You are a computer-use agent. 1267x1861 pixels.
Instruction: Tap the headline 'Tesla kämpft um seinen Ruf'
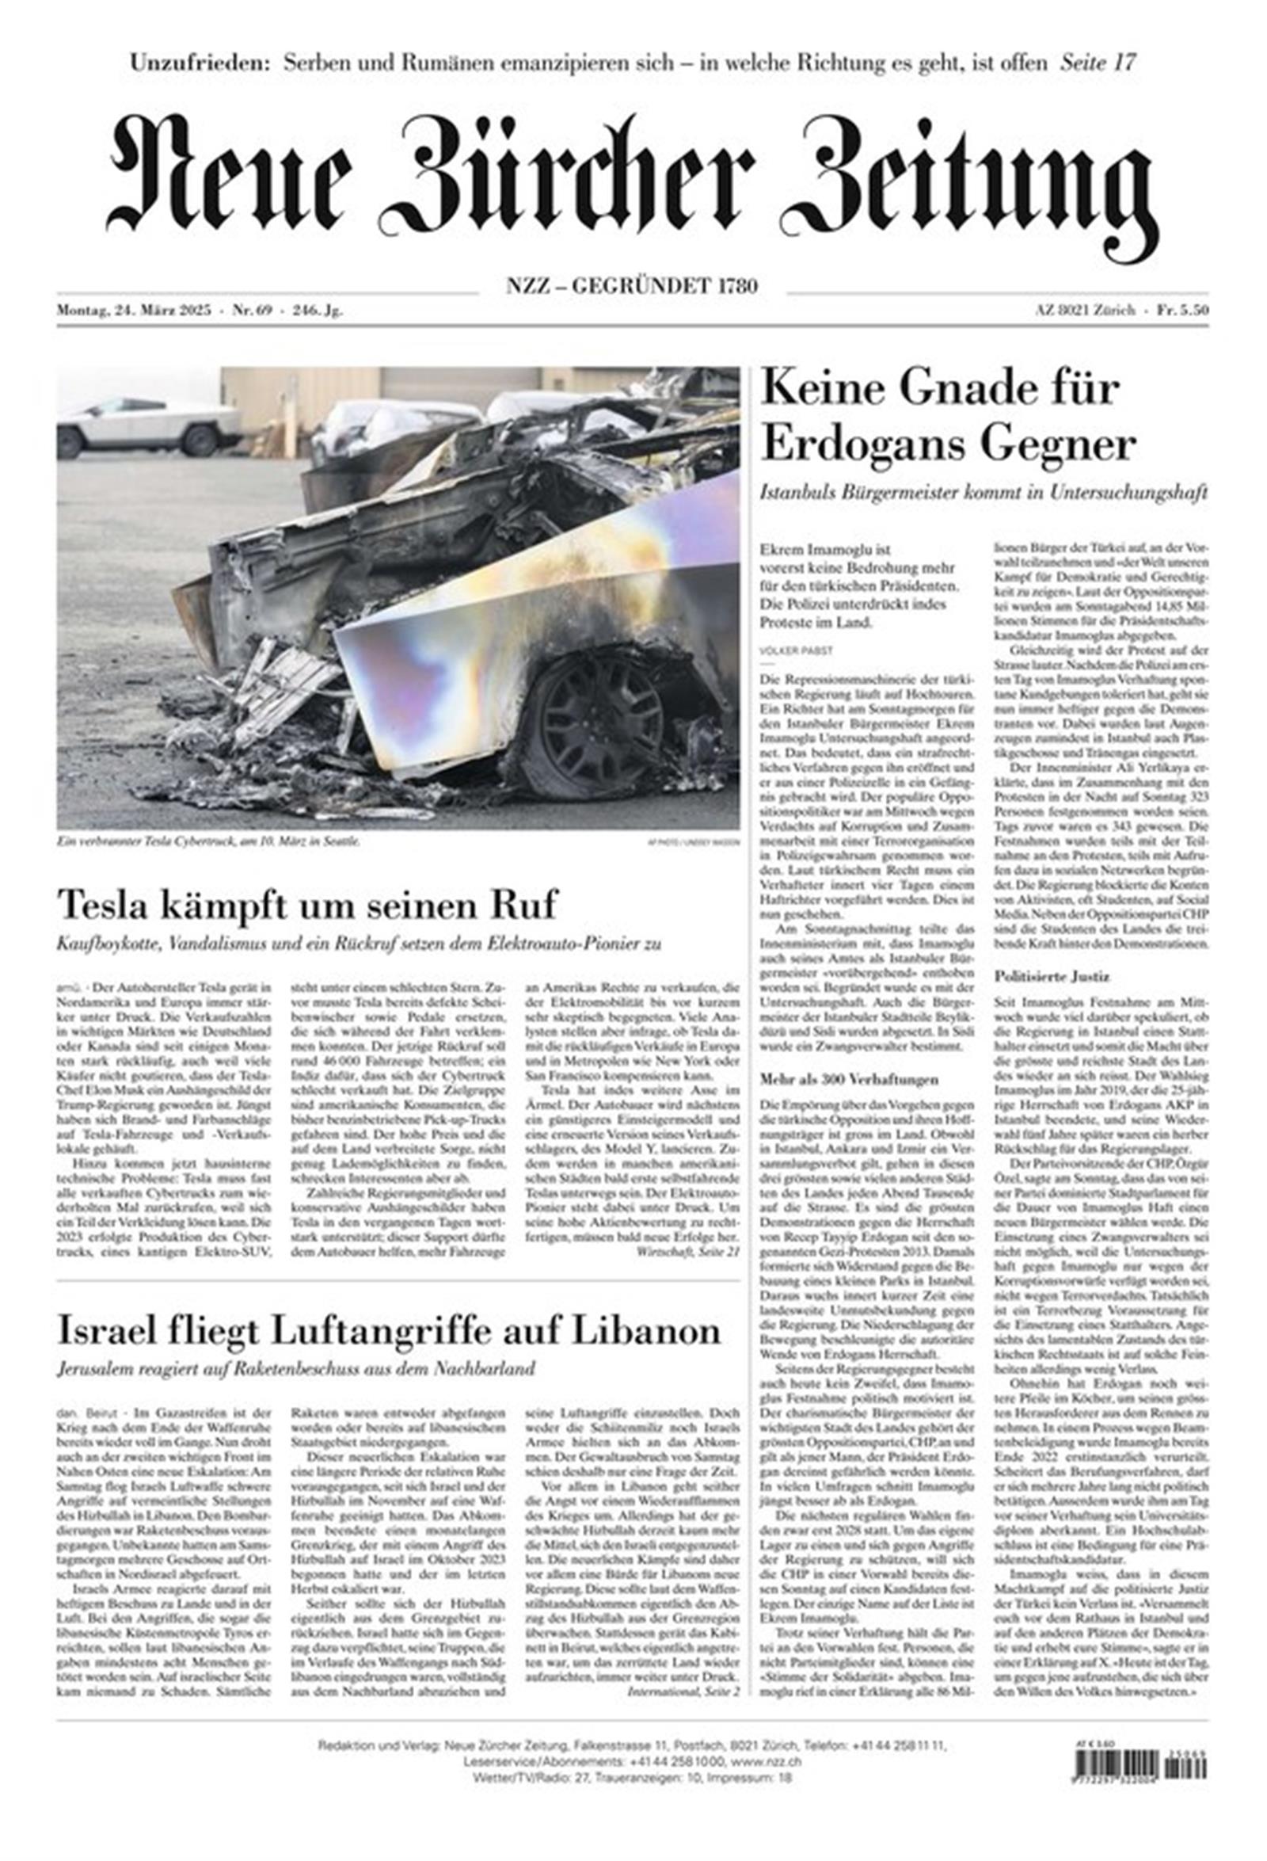(306, 905)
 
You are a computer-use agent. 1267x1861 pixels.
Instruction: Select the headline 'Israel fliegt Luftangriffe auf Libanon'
(389, 1330)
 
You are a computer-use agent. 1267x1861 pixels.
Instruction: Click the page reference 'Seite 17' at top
(1098, 63)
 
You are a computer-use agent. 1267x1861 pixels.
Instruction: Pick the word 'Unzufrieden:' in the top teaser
(200, 63)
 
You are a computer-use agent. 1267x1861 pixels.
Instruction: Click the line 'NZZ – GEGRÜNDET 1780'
(631, 285)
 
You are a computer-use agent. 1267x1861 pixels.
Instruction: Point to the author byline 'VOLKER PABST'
(788, 652)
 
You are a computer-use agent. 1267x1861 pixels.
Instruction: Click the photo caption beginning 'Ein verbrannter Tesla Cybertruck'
(208, 841)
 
